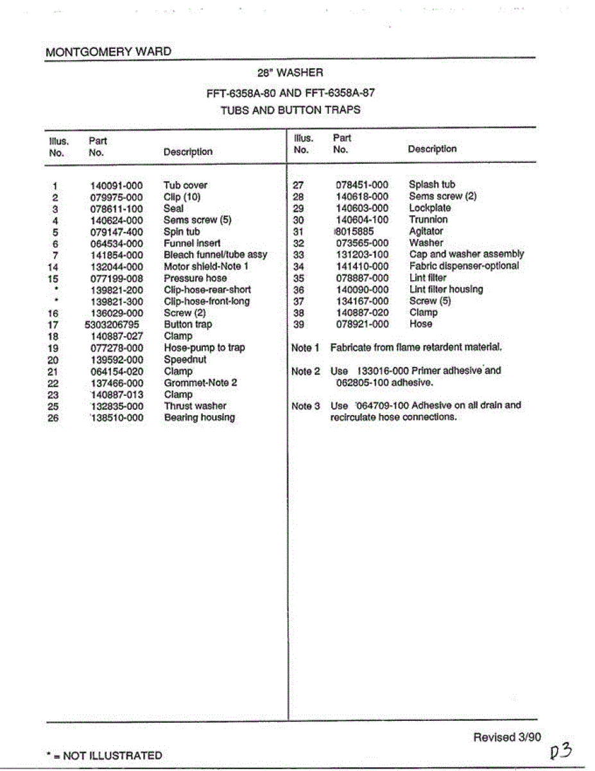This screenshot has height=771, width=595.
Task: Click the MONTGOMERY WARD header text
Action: click(x=108, y=52)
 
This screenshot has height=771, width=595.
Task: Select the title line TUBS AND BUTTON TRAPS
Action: click(x=290, y=110)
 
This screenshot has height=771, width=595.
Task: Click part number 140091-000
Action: click(x=116, y=186)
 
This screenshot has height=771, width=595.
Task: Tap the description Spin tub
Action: click(x=182, y=232)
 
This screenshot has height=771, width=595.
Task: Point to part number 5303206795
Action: click(x=112, y=325)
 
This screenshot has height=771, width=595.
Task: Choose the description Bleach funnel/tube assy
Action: click(x=215, y=255)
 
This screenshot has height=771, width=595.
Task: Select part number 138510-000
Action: click(x=116, y=418)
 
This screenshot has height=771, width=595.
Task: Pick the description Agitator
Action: click(x=426, y=231)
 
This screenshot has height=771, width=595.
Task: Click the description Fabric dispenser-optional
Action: click(x=464, y=266)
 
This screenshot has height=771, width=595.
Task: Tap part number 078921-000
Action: click(x=362, y=324)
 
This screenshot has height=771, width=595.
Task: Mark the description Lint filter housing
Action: click(x=446, y=290)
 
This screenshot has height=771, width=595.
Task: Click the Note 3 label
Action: click(x=306, y=406)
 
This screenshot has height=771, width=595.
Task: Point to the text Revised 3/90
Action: click(x=507, y=738)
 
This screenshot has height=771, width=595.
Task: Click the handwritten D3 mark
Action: click(x=560, y=750)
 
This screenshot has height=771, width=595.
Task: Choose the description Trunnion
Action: click(x=428, y=220)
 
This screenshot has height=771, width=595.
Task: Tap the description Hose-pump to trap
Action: click(x=204, y=348)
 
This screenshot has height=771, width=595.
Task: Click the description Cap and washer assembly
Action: click(x=467, y=254)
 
